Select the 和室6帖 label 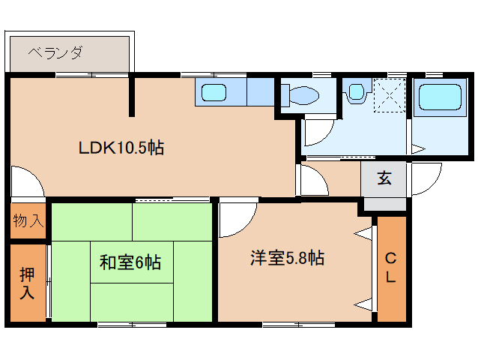tap(130, 262)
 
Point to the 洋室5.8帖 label tap(287, 259)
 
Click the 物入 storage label tap(28, 221)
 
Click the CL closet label tap(390, 268)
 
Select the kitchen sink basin tap(215, 94)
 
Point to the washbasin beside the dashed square tap(354, 92)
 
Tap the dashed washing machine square tap(389, 94)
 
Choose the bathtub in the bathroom tap(441, 97)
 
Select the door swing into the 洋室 tap(235, 217)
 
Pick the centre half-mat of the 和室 tap(133, 262)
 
